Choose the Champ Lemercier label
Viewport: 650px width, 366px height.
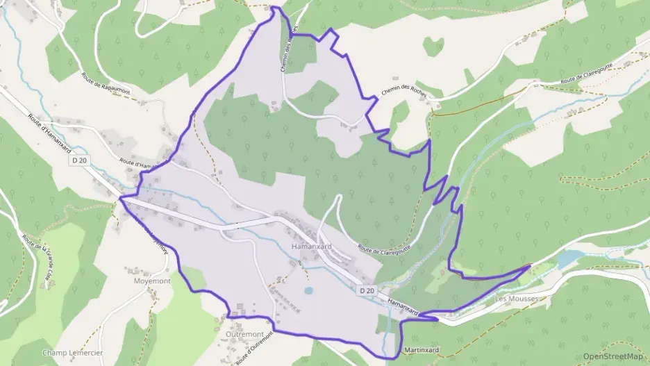tap(72, 353)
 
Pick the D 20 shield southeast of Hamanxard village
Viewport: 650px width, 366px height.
tap(367, 290)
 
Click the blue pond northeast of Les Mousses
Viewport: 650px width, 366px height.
tap(569, 259)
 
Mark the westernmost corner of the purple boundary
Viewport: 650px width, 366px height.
tap(121, 198)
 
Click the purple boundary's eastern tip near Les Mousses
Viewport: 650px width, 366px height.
tap(530, 265)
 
